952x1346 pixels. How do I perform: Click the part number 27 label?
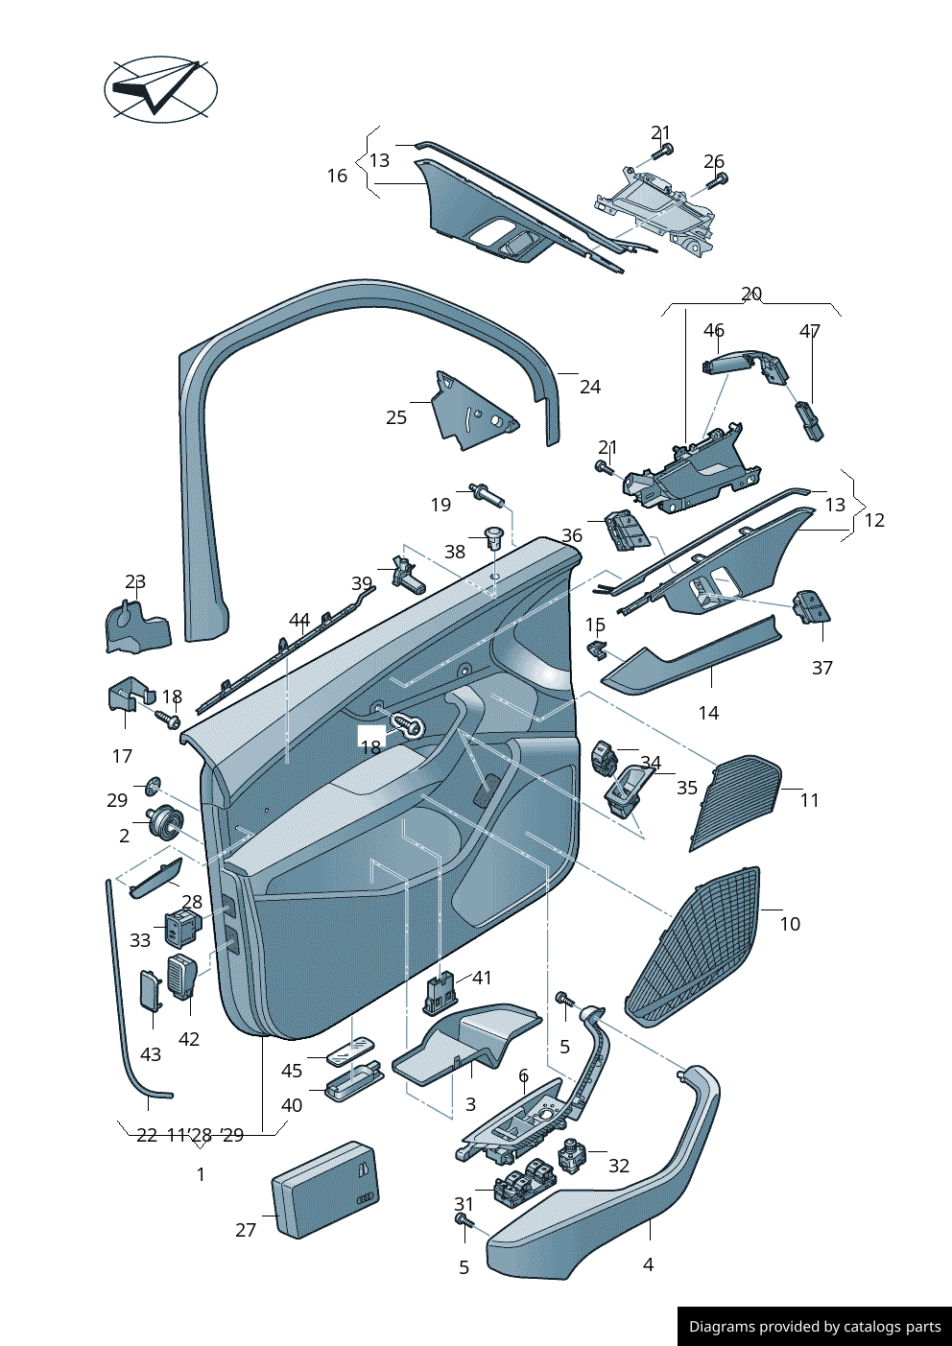(246, 1230)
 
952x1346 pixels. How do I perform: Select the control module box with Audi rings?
(326, 1189)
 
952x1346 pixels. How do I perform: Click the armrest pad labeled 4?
(614, 1199)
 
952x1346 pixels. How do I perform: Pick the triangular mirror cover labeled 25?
(470, 413)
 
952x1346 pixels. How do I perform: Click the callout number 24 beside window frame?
(590, 387)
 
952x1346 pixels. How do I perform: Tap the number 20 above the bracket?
(751, 294)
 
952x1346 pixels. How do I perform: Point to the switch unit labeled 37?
(812, 608)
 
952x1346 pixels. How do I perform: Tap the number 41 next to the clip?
(482, 978)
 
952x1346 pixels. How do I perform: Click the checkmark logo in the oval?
(160, 89)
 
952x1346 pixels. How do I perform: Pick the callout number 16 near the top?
(337, 176)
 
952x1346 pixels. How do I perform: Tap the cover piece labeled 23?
(136, 628)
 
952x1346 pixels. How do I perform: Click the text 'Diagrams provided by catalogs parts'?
(815, 1327)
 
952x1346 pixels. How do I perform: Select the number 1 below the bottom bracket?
(201, 1174)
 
